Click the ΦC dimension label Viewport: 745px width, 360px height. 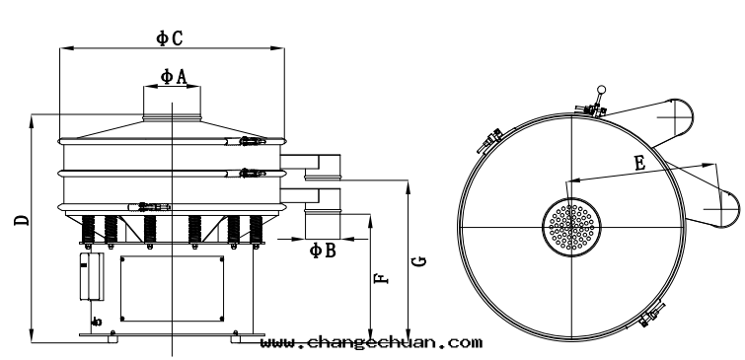click(170, 38)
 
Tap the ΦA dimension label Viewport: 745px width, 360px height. click(174, 76)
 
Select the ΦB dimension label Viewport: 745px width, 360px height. click(323, 251)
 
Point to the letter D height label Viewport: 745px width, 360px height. click(22, 220)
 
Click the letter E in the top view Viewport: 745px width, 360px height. click(640, 164)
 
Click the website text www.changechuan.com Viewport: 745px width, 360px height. click(371, 342)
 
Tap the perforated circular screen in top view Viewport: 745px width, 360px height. click(571, 227)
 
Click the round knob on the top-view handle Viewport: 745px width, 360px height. click(602, 90)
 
